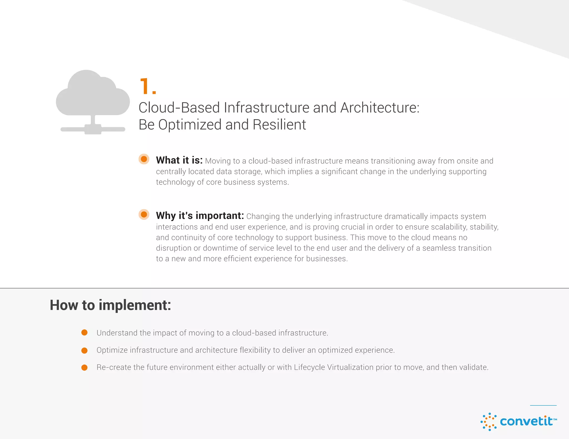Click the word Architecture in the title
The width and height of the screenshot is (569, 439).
pos(380,108)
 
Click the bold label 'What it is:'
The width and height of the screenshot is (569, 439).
pos(179,160)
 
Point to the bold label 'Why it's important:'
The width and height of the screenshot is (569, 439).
pos(200,216)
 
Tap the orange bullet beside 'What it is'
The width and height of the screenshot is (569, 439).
pos(144,159)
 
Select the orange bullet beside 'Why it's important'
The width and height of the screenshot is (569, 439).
pos(144,215)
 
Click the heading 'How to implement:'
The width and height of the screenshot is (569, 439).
pos(110,305)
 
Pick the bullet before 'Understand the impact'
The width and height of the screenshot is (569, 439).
pos(84,333)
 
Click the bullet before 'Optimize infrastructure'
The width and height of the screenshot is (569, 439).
pos(84,350)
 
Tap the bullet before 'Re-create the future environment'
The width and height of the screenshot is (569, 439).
pos(84,368)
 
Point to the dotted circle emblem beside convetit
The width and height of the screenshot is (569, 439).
pos(489,422)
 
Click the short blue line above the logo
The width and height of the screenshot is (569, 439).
pos(543,405)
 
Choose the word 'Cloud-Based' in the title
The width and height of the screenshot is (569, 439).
pos(179,108)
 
